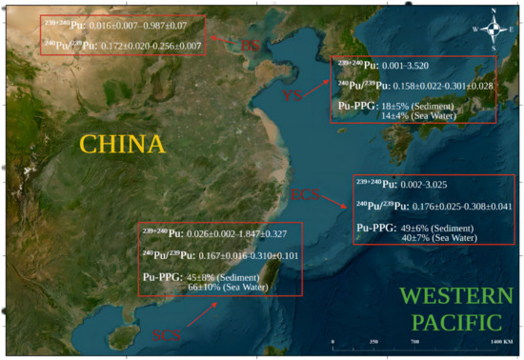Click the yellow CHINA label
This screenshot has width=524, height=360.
122,144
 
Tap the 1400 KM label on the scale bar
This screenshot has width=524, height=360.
502,340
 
